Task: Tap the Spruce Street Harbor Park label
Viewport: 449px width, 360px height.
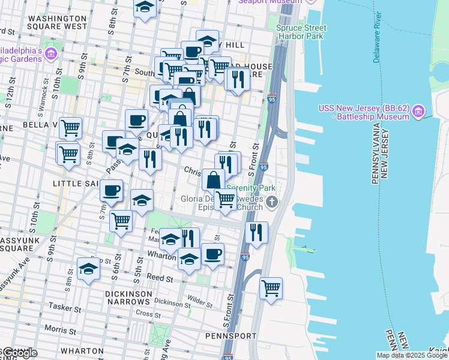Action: (x=301, y=32)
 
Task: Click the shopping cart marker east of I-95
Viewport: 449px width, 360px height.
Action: (x=271, y=288)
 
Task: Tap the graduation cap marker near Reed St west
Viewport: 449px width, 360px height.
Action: (x=88, y=269)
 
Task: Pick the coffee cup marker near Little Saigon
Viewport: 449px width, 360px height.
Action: (x=111, y=191)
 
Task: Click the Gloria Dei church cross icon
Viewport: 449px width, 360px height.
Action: (x=273, y=202)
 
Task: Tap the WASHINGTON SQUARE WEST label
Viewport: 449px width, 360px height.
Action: (x=57, y=22)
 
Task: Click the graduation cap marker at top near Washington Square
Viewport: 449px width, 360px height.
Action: (x=145, y=8)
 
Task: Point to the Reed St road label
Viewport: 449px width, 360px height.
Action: (x=160, y=279)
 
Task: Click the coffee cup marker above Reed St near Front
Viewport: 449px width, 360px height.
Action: (x=212, y=254)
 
